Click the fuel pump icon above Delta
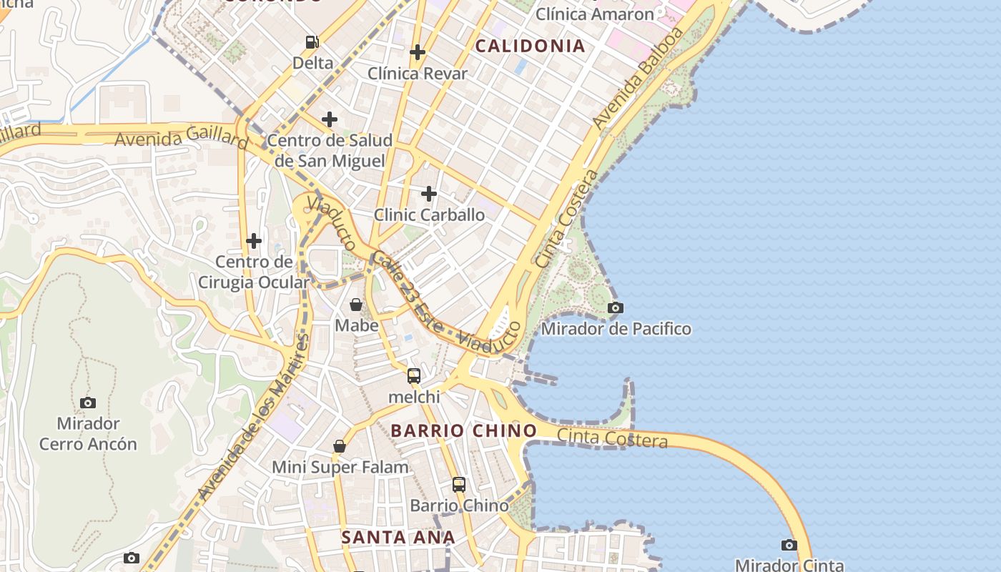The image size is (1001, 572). point(312,42)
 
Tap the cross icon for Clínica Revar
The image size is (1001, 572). point(418,52)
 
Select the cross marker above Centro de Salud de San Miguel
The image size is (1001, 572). point(329,119)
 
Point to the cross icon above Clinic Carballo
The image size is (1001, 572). point(429,194)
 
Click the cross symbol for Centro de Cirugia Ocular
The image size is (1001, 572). point(254,241)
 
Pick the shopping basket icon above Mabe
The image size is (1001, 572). point(356,305)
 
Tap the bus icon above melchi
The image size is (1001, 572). point(414,376)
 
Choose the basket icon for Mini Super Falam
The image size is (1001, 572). point(340,446)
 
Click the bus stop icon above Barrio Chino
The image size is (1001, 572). point(459,485)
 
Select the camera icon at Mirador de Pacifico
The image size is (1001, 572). point(615,308)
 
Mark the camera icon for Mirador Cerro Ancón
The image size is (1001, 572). point(88,403)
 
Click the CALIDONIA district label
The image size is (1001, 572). point(530,46)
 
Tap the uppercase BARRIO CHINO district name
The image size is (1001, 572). point(464,430)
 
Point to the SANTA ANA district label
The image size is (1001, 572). point(398,537)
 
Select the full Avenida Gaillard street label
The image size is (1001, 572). point(181,136)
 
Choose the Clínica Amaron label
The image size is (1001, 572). point(595,14)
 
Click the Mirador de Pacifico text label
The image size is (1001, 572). point(616,329)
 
